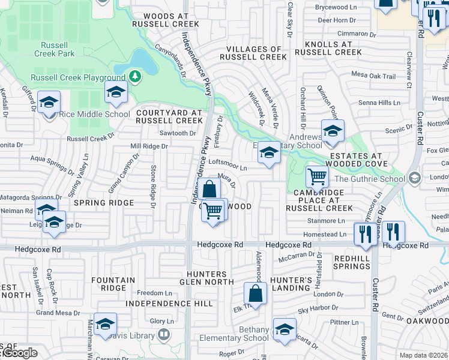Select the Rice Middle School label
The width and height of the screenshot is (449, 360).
coord(95,114)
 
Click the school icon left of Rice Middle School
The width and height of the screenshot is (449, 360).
coord(49,101)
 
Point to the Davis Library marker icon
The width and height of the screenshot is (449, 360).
coord(163,335)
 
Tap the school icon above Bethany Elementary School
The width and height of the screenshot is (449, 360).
coord(284,328)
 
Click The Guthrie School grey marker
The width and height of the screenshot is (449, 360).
coord(414,178)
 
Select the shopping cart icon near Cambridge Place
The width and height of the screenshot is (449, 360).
coord(316,177)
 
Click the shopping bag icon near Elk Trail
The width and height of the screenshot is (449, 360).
coord(255,294)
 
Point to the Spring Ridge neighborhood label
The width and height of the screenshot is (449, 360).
coord(104,203)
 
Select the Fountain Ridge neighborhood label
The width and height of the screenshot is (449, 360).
coord(113,284)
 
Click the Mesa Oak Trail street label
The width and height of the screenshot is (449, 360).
coord(373,76)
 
